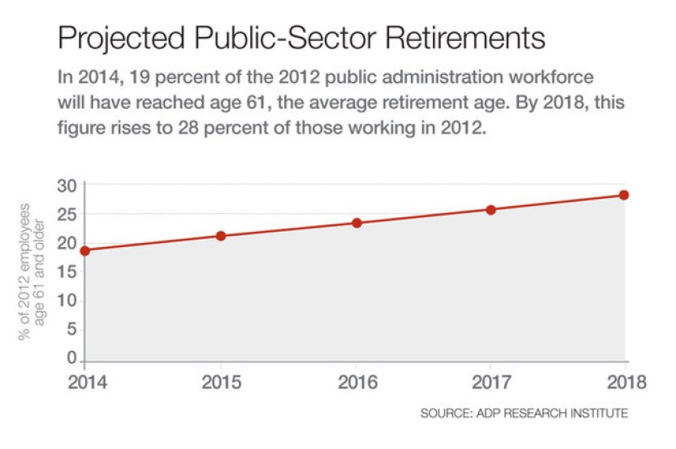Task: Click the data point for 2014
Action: point(85,250)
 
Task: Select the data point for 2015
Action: point(221,236)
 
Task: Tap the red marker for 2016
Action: point(357,223)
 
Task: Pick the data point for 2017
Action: point(491,209)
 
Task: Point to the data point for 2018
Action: point(624,195)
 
